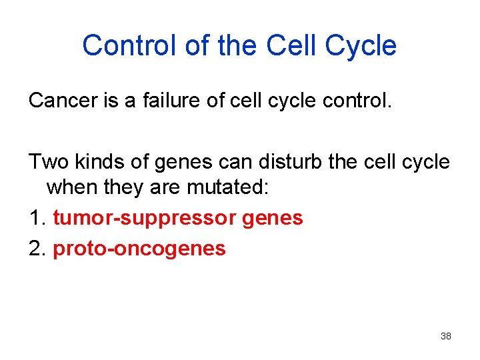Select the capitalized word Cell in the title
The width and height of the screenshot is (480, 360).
tap(291, 46)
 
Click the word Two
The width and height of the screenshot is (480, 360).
tap(45, 162)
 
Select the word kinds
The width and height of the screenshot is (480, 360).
tap(91, 162)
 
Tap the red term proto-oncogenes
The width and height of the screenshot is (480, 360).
tap(139, 249)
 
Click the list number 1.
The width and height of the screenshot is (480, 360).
tap(36, 218)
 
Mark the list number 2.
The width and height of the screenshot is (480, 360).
tap(36, 249)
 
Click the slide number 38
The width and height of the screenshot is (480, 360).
tap(446, 336)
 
